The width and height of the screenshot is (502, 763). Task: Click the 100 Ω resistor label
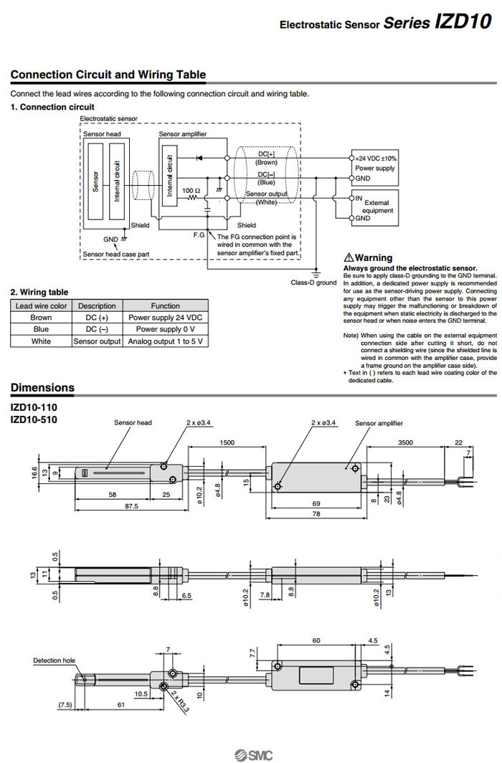[191, 191]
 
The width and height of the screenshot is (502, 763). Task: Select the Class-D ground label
[313, 283]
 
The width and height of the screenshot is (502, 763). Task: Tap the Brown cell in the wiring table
[41, 317]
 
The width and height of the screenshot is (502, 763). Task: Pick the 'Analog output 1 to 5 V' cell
[166, 341]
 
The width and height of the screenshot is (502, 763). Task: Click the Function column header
[166, 305]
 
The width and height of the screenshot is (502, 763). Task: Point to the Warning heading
[369, 257]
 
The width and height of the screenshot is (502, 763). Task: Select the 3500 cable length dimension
[405, 442]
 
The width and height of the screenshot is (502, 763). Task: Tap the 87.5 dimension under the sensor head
[110, 506]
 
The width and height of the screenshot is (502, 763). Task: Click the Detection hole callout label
[54, 660]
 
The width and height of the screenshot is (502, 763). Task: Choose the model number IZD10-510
[34, 420]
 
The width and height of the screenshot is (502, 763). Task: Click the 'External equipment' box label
[378, 207]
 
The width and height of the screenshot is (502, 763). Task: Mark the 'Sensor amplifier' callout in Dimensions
[379, 423]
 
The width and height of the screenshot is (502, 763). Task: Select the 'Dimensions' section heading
[42, 388]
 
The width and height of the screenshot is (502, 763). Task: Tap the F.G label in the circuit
[199, 234]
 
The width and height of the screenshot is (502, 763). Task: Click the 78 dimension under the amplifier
[316, 514]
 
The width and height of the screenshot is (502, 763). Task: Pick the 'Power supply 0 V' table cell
[166, 329]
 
